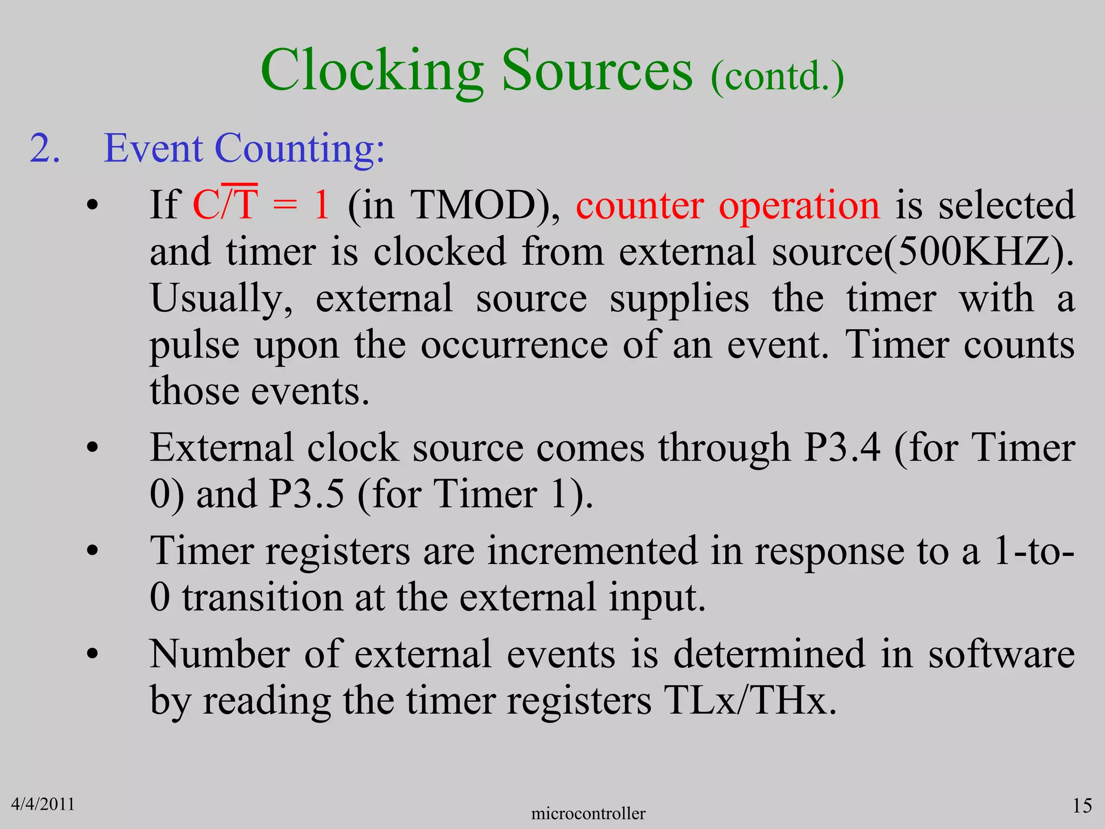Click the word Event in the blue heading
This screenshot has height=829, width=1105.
153,148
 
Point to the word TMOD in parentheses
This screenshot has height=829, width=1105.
473,205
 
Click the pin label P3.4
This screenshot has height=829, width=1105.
842,448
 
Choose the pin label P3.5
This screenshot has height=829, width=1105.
306,494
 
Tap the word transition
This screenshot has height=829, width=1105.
262,598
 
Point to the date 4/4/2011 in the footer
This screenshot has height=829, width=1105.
43,804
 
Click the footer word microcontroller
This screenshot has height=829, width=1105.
588,813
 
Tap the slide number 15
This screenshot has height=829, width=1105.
1082,806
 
